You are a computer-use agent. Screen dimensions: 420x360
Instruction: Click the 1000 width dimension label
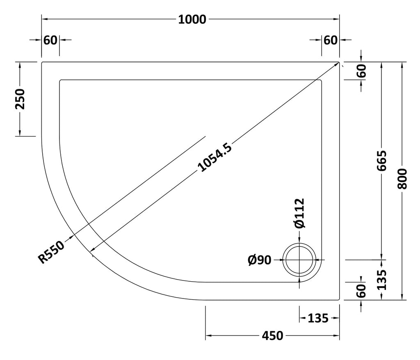(x=192, y=20)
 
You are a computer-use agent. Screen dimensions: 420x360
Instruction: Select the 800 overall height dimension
(x=402, y=179)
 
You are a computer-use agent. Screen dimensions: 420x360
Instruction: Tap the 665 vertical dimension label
(x=382, y=161)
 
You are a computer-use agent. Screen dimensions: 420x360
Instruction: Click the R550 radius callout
(x=51, y=252)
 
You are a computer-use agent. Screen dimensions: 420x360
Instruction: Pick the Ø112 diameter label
(x=299, y=213)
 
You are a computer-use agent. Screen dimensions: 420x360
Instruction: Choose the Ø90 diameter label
(x=260, y=260)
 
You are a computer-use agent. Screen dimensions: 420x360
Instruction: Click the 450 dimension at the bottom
(x=272, y=336)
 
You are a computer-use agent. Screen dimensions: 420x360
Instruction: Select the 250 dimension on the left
(x=20, y=99)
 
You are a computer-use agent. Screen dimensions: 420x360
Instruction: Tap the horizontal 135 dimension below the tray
(x=318, y=318)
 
